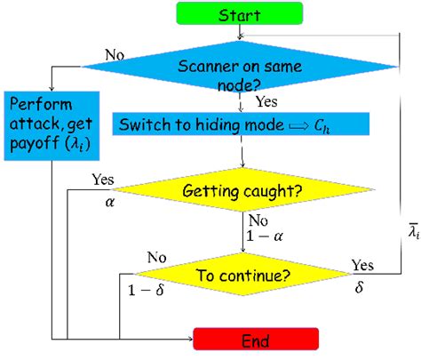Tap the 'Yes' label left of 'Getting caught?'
click(103, 180)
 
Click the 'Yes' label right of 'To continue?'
click(363, 266)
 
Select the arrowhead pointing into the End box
click(187, 339)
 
